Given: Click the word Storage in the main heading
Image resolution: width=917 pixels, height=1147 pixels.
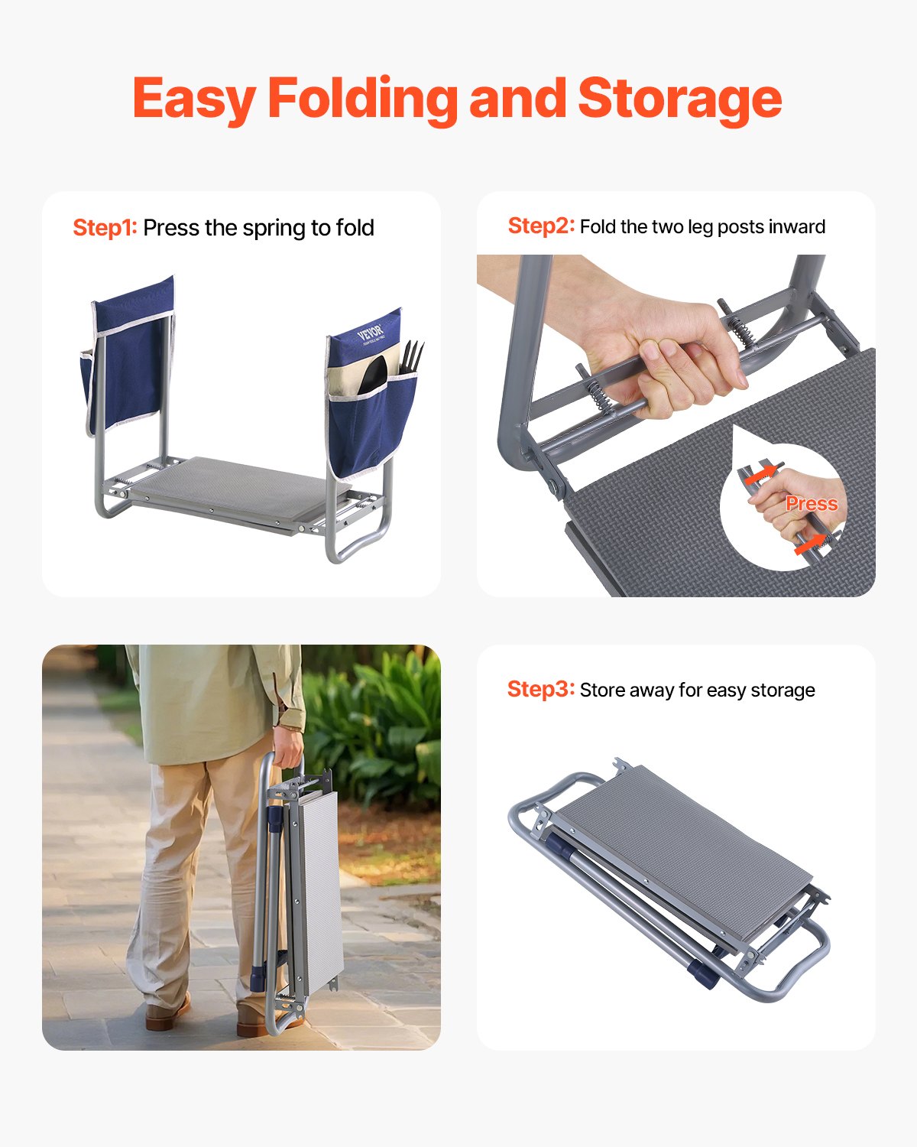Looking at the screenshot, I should click(x=679, y=99).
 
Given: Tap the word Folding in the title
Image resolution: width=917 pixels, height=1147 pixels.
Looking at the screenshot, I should click(x=361, y=99).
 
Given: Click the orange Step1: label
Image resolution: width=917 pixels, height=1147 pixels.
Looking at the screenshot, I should click(x=105, y=228).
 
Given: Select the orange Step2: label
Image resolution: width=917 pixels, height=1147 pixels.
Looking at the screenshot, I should click(x=540, y=226).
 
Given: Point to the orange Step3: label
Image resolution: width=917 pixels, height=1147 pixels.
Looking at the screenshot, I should click(x=540, y=690).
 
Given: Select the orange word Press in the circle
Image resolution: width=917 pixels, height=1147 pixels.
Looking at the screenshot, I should click(x=812, y=504).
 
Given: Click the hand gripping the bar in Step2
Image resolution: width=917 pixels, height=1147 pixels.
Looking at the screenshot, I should click(x=672, y=359).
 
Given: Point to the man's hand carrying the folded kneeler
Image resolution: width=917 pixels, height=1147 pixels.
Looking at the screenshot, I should click(x=288, y=746).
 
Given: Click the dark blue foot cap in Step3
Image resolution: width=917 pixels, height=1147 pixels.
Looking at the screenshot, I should click(x=702, y=974).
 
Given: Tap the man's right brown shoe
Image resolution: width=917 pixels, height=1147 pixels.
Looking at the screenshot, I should click(x=260, y=1021).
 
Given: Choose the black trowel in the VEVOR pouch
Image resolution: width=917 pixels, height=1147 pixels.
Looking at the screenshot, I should click(x=376, y=375).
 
